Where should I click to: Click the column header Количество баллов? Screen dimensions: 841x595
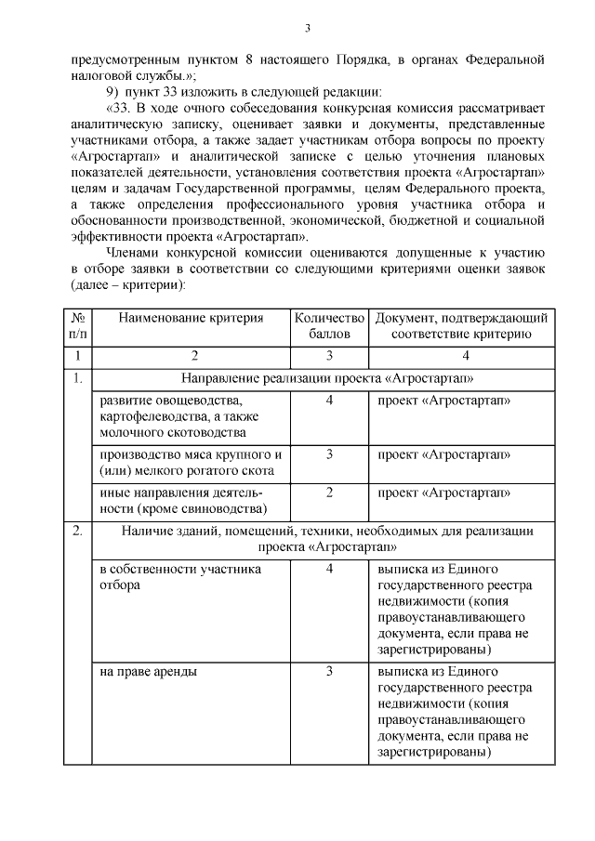click(x=329, y=325)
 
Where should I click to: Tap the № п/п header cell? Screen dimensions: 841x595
click(x=79, y=325)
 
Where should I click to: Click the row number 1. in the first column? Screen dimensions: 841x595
click(x=78, y=377)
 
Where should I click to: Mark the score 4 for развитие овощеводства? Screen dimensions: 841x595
click(x=329, y=401)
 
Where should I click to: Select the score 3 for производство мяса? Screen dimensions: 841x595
click(x=329, y=454)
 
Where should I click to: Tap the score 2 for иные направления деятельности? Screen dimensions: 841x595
click(x=329, y=493)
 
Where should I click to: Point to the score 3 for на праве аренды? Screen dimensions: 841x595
click(x=329, y=670)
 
